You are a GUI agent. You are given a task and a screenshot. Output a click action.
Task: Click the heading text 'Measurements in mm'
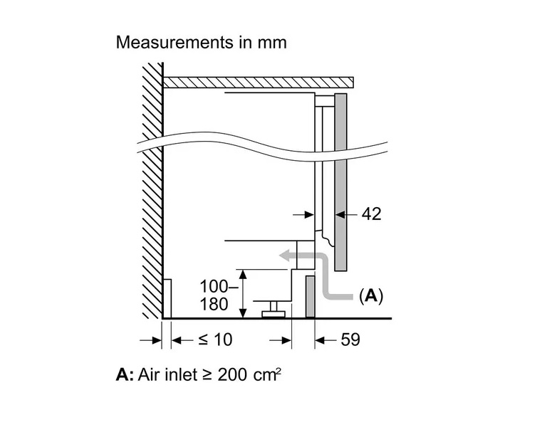pos(201,42)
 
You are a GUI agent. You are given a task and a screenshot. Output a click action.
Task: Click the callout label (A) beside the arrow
pos(370,295)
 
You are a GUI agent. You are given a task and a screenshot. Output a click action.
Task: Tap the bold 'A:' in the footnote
pos(124,374)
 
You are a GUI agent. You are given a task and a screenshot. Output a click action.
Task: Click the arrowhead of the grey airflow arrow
pos(285,257)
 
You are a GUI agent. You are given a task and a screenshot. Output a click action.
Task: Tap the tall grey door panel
pos(340,181)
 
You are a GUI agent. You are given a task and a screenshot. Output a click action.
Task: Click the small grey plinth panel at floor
pos(311,297)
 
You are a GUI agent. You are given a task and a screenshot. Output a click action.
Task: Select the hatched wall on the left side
pos(151,192)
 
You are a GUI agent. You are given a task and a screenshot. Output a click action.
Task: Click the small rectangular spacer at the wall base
pos(168,298)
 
